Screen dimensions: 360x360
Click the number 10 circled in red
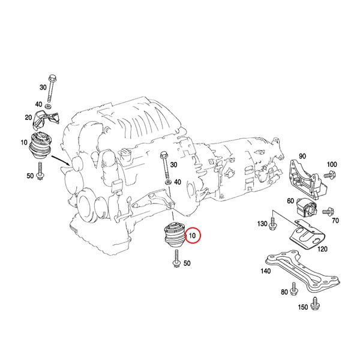point(193,236)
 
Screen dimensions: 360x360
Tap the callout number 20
point(28,118)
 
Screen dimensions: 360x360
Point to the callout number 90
point(302,156)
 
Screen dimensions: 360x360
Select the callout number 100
point(332,164)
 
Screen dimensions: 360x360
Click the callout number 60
point(290,201)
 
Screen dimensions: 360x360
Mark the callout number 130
point(262,224)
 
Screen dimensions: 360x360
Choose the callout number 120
point(322,248)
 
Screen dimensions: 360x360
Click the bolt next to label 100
point(328,175)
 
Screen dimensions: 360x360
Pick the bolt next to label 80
point(293,292)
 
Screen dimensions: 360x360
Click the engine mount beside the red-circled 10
point(173,237)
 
